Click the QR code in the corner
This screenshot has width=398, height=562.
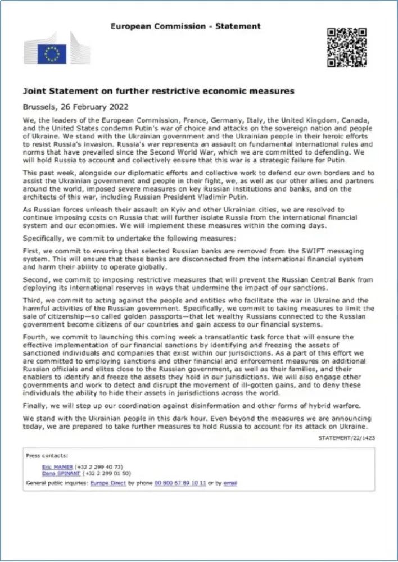pyautogui.click(x=347, y=47)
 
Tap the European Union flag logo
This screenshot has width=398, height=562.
pyautogui.click(x=52, y=54)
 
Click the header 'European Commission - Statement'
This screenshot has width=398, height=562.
pyautogui.click(x=186, y=26)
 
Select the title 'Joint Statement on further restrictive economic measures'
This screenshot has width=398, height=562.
pyautogui.click(x=159, y=90)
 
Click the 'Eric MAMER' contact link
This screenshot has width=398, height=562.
pyautogui.click(x=57, y=467)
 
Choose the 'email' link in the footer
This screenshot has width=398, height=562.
pyautogui.click(x=230, y=483)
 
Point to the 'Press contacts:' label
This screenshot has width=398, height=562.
pyautogui.click(x=47, y=456)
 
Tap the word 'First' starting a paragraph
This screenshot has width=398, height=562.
pyautogui.click(x=33, y=253)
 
